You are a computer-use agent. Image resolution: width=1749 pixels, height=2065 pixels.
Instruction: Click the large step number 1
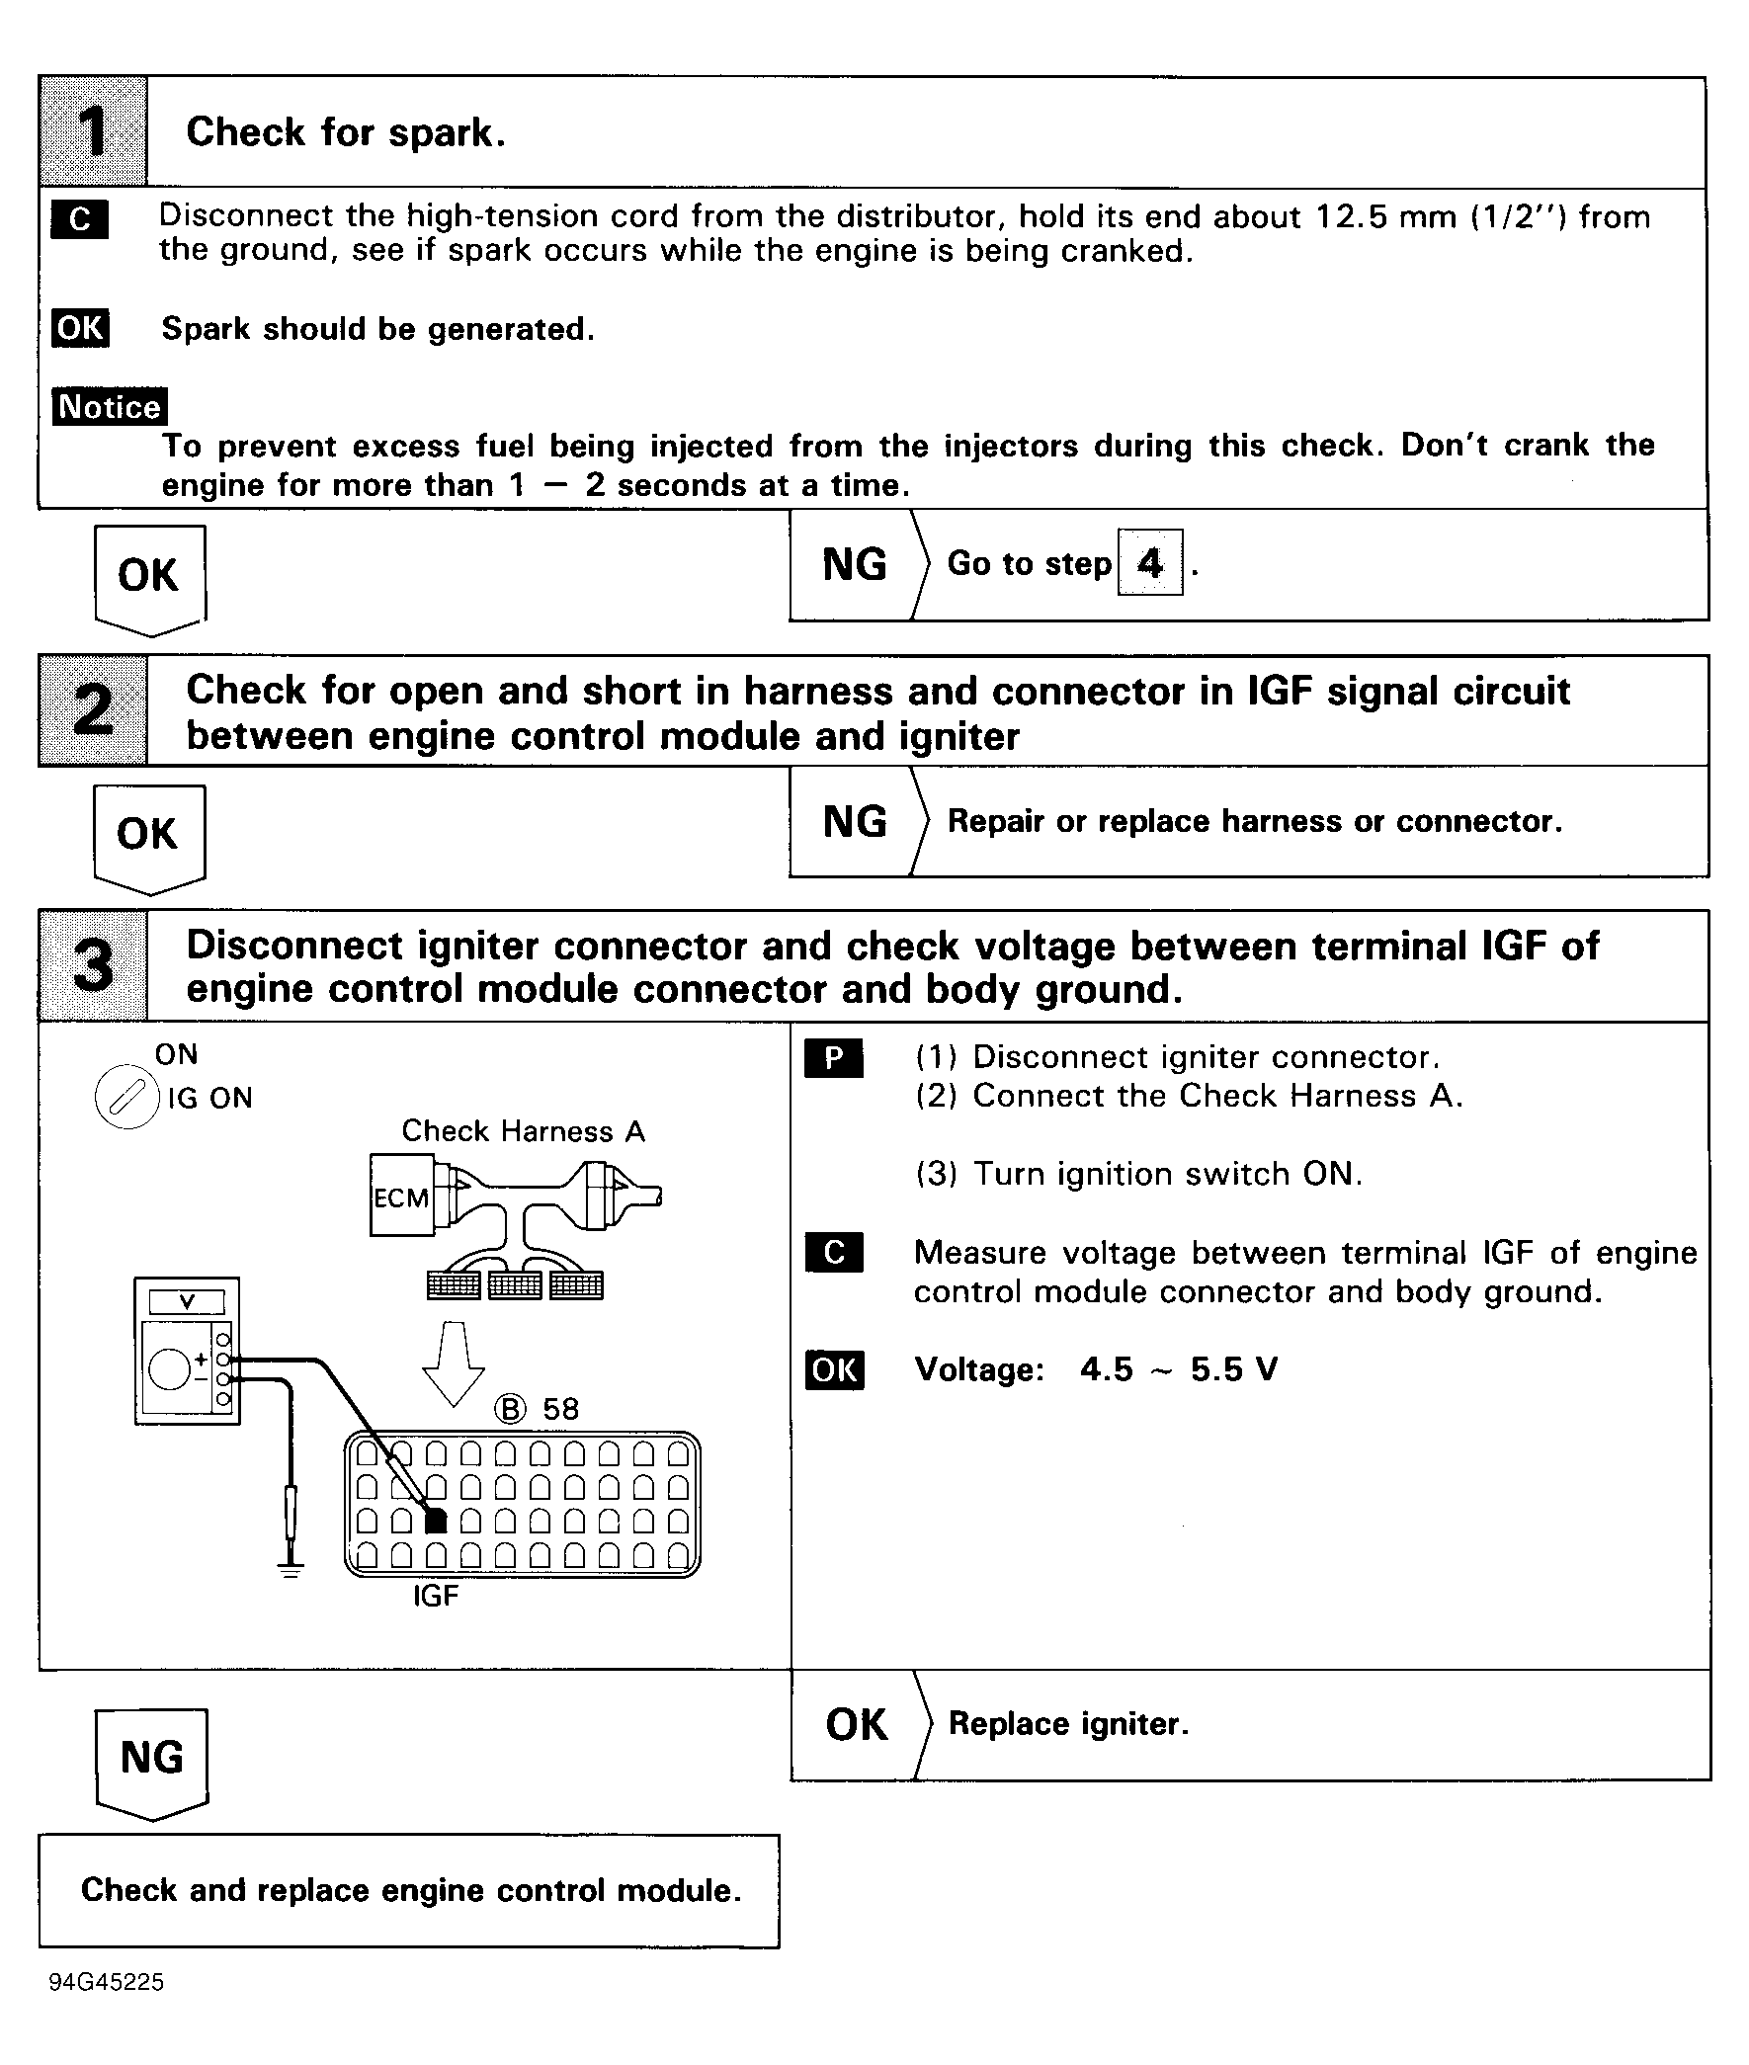tap(93, 131)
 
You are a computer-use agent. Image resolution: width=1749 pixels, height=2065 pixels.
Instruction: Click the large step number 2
tap(93, 709)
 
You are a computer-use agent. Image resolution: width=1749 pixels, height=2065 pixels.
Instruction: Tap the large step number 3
tap(93, 965)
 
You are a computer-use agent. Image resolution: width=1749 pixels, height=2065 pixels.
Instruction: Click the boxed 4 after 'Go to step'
tap(1149, 563)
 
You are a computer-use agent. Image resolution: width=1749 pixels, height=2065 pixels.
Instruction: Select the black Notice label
tap(109, 406)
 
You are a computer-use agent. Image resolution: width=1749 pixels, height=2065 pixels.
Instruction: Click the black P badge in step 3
tap(833, 1058)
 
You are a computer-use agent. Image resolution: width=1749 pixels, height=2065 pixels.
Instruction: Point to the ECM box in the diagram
tap(401, 1197)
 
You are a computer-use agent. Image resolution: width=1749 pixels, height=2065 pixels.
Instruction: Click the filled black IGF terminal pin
tap(435, 1521)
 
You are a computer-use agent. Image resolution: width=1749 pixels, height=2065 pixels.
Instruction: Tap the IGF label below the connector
tap(435, 1595)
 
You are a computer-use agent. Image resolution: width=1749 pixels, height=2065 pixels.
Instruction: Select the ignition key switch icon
tap(125, 1099)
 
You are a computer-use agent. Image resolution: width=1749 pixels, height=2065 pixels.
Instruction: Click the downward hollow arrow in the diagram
tap(454, 1363)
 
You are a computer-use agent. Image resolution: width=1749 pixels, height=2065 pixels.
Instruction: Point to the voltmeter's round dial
tap(169, 1370)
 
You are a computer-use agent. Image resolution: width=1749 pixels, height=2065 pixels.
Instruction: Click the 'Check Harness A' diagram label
tap(523, 1131)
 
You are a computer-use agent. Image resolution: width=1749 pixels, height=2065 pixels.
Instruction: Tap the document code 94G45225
tap(106, 1982)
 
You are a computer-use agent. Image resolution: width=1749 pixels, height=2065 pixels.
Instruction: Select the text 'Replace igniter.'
tap(1068, 1724)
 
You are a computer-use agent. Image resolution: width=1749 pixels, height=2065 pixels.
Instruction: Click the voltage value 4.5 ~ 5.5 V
tap(1178, 1369)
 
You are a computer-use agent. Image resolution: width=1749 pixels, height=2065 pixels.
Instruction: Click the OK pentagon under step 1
tap(149, 577)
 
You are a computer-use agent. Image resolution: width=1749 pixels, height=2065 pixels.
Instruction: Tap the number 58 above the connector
tap(560, 1409)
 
